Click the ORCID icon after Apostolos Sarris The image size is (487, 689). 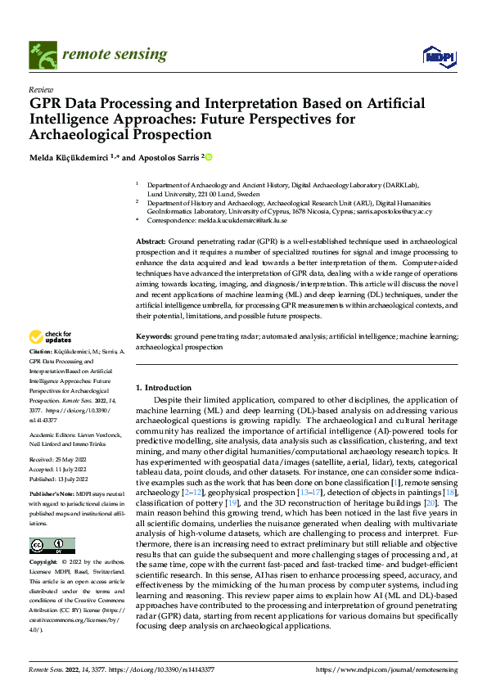pos(209,157)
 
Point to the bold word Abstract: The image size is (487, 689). pos(151,243)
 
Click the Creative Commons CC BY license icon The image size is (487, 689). pos(52,523)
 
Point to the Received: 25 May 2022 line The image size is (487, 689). pos(61,460)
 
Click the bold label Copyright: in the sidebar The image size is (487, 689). pos(44,540)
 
